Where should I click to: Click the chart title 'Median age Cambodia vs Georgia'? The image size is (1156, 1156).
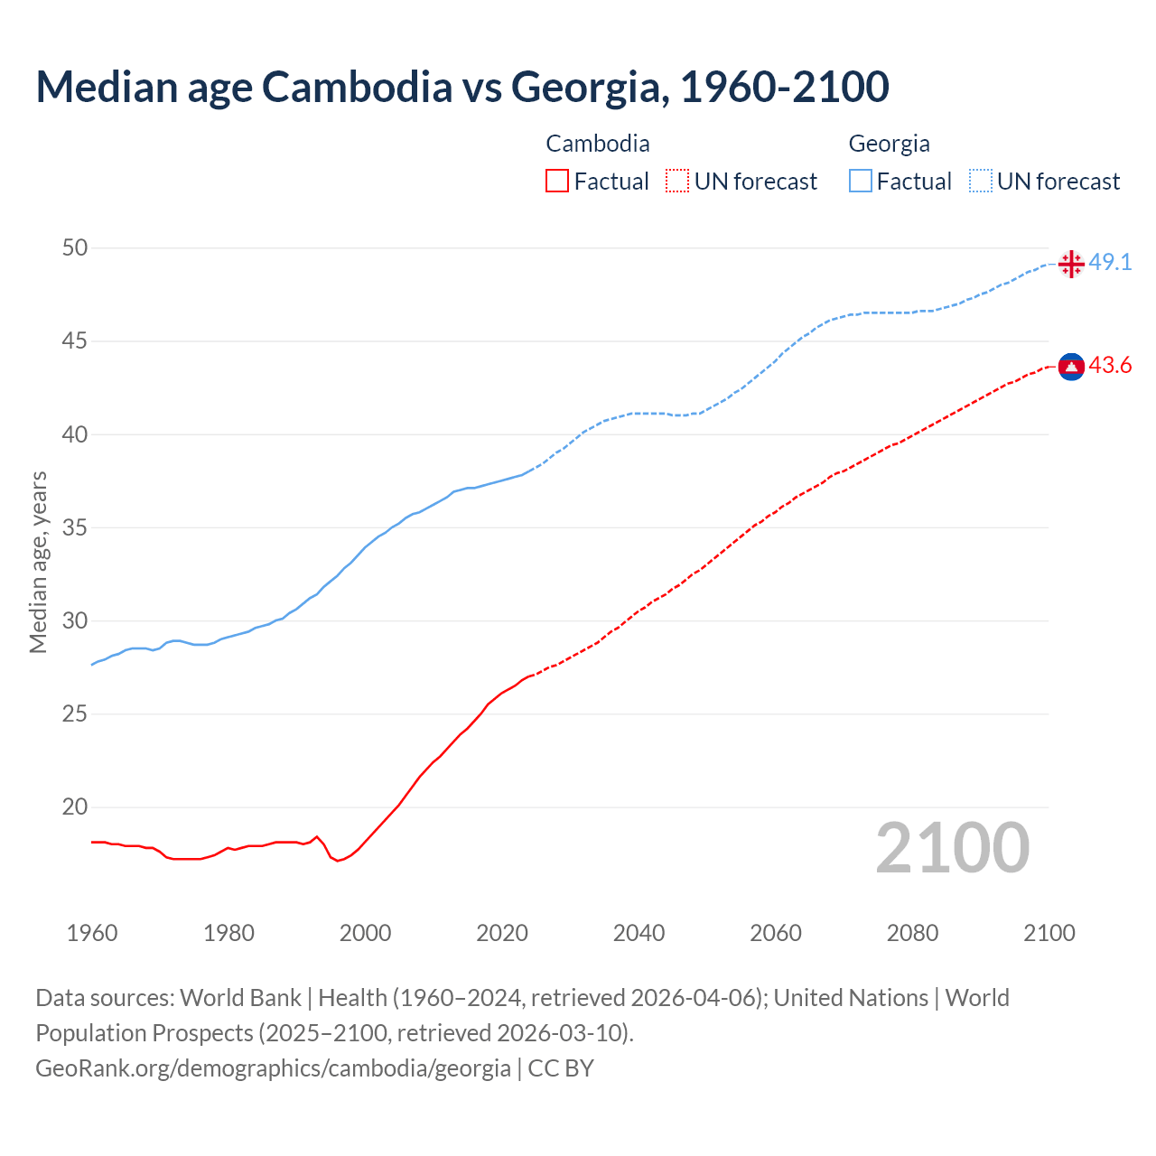click(x=461, y=87)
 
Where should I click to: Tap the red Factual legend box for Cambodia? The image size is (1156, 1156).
click(x=557, y=181)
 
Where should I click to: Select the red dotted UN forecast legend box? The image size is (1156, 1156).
click(x=677, y=181)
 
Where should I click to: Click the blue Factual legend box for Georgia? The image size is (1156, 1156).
click(x=860, y=181)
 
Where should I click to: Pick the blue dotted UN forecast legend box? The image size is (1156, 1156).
click(x=980, y=181)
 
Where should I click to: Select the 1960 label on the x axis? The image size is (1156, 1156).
click(x=92, y=933)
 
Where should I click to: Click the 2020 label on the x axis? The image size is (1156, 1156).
click(x=502, y=933)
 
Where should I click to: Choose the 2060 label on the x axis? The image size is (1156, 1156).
click(x=776, y=933)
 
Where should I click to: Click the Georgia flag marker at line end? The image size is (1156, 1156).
click(x=1071, y=264)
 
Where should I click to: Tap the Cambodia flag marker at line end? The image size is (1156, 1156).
click(x=1071, y=366)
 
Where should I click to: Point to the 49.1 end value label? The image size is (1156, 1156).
click(x=1110, y=262)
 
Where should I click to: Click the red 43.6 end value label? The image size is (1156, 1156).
click(x=1110, y=365)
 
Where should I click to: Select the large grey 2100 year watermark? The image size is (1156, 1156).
click(x=953, y=847)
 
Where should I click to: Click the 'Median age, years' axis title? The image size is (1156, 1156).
click(x=38, y=562)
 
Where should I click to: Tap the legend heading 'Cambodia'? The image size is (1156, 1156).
click(x=598, y=144)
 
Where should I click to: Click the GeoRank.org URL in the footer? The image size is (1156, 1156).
click(x=273, y=1067)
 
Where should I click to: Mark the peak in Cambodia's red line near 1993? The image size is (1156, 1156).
click(x=316, y=836)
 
